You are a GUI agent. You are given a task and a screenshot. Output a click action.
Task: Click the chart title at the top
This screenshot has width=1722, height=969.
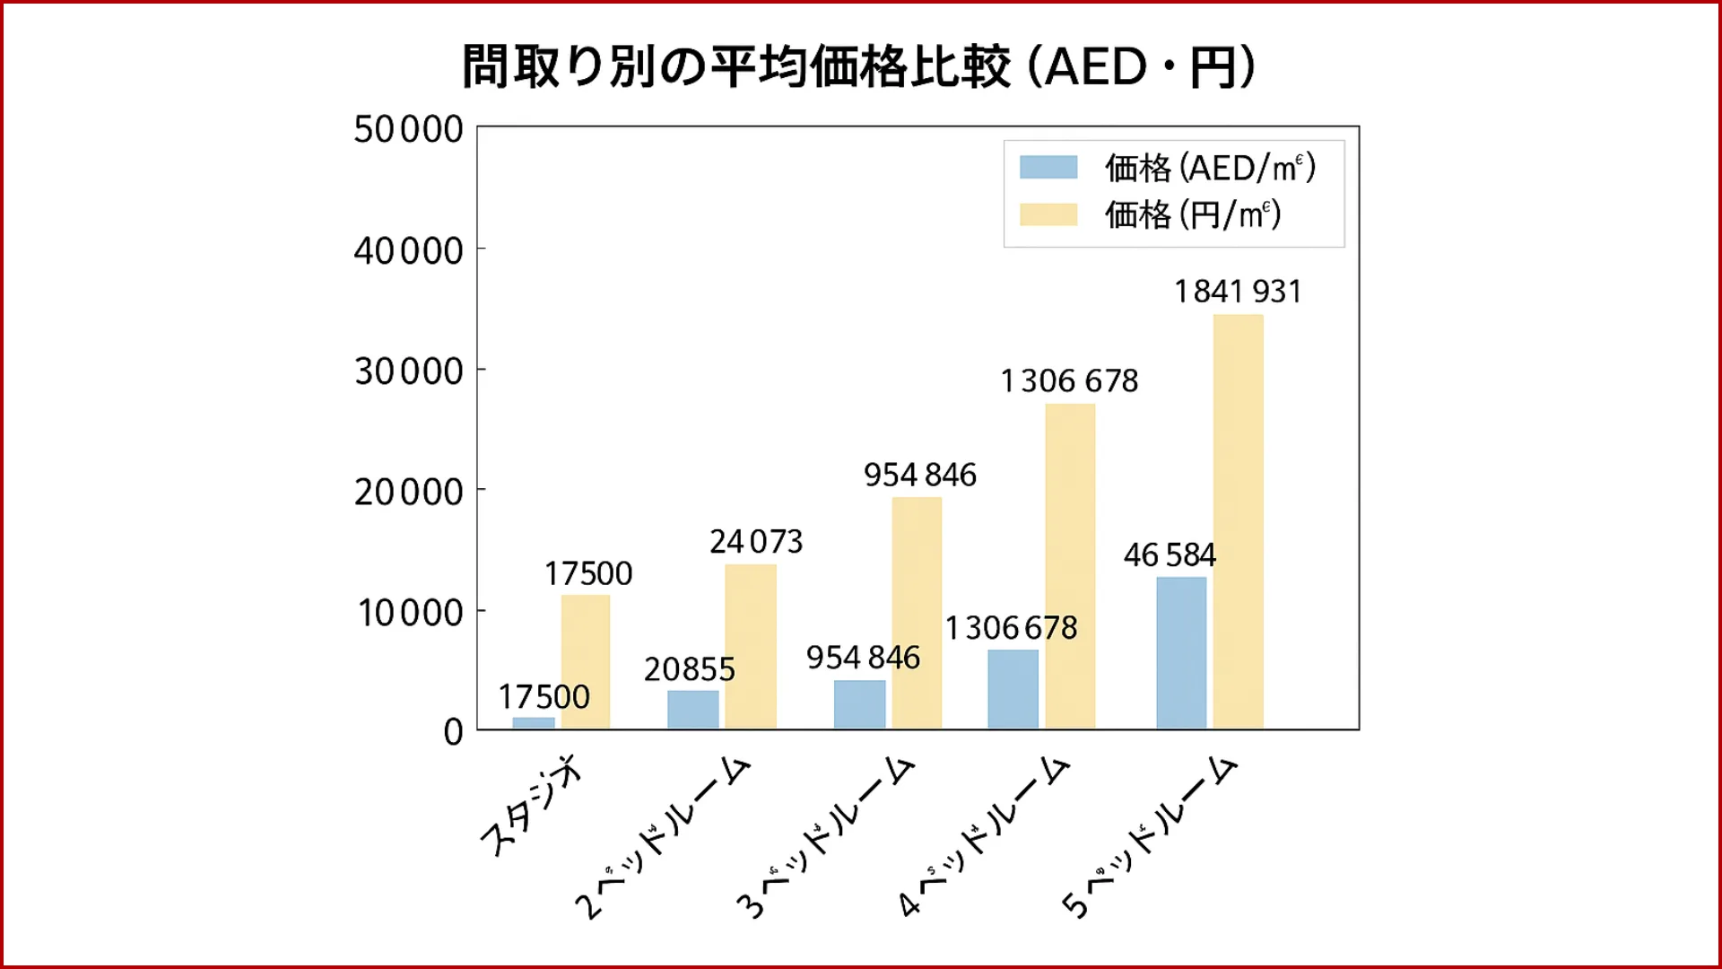[859, 66]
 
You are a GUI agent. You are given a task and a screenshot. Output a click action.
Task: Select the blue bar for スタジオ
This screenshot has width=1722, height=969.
[534, 722]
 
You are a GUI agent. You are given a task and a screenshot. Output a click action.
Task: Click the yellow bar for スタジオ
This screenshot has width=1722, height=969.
[586, 661]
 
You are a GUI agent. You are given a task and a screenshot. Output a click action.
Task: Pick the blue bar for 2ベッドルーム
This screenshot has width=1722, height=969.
[693, 709]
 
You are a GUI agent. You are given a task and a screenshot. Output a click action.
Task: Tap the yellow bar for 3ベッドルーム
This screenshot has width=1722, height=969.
[917, 612]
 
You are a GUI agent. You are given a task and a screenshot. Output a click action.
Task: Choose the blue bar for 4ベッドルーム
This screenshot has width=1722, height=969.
[1013, 688]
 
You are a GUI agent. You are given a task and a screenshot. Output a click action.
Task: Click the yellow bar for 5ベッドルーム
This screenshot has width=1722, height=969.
[1239, 520]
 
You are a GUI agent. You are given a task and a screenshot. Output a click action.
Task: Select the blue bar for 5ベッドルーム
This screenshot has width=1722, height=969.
[1181, 652]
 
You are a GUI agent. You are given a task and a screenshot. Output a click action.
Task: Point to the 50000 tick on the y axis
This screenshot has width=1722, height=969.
[409, 129]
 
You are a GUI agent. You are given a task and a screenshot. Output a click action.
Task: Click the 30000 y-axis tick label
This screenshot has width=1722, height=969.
[409, 371]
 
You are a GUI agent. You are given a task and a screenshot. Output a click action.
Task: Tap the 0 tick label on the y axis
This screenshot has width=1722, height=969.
[454, 732]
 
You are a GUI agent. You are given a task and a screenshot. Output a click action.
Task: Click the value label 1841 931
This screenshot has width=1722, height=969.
[1238, 292]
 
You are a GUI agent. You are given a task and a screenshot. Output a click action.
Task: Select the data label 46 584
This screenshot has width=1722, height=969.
[1170, 555]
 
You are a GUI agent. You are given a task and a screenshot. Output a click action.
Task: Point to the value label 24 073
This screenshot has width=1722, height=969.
[756, 542]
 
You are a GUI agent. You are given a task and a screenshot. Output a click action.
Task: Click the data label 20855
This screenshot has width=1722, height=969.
[690, 669]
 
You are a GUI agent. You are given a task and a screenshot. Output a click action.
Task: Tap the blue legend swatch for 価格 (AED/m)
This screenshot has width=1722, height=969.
[1048, 168]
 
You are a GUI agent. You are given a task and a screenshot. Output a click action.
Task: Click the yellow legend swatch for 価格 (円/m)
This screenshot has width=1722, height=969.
[1048, 214]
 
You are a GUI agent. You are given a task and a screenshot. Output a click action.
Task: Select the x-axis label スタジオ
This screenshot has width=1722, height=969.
[531, 807]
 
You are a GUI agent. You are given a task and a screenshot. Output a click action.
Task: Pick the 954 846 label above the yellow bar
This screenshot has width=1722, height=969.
[920, 475]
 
